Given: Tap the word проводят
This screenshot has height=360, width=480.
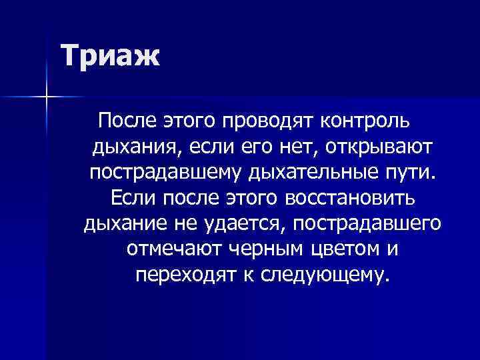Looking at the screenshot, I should [x=261, y=122].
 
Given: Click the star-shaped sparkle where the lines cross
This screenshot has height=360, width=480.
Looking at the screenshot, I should [x=46, y=97].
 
